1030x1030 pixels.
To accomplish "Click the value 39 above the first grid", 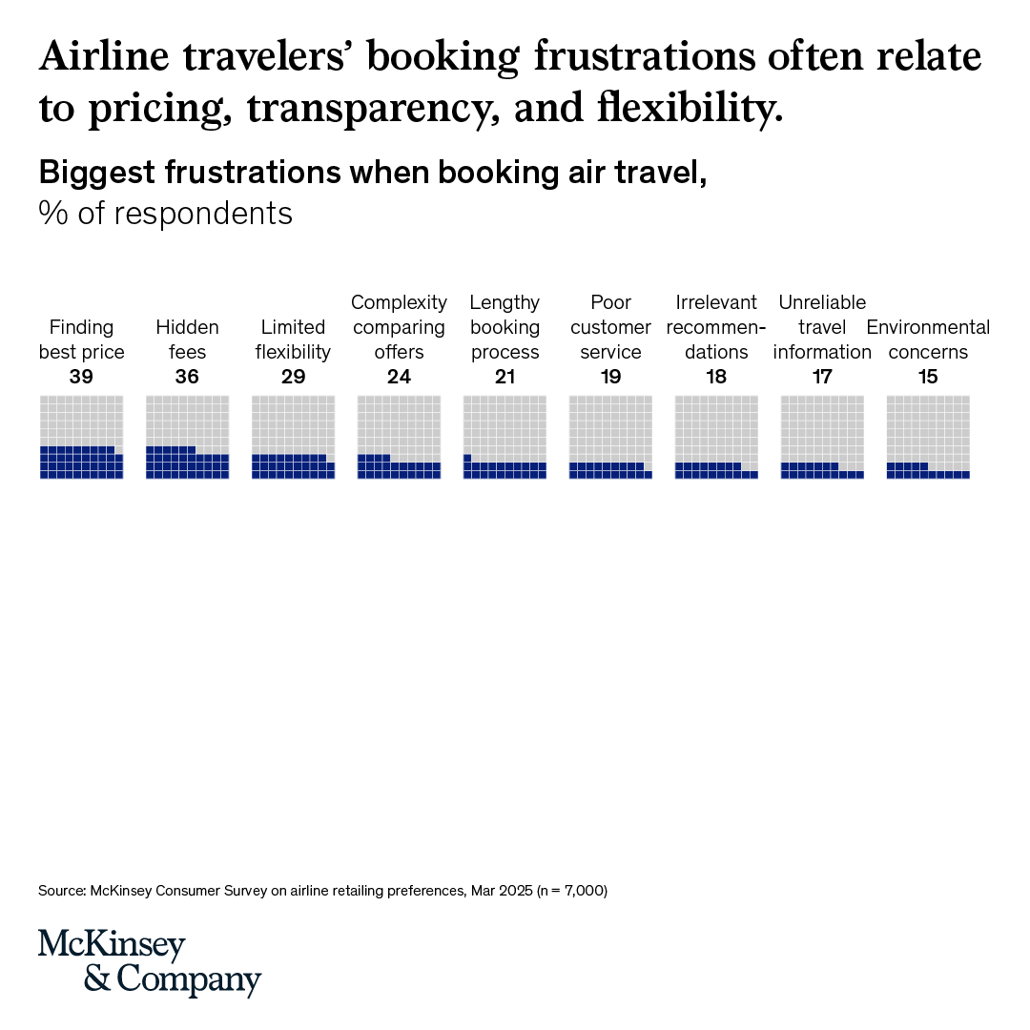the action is [81, 377].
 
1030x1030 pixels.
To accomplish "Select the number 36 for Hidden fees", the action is [187, 377].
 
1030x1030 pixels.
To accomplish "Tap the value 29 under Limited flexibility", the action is [293, 377].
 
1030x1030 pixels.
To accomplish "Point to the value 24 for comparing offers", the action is [399, 377].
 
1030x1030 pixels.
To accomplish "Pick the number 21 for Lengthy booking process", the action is [505, 377].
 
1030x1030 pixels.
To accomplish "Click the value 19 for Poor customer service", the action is [611, 377].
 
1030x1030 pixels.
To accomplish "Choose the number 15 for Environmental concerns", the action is [928, 377].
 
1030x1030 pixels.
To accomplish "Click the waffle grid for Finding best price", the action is [81, 437].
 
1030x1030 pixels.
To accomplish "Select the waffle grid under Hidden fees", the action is [187, 437].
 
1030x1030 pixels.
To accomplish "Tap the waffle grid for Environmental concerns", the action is [928, 437].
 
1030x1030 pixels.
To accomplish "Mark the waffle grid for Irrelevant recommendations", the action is [716, 437].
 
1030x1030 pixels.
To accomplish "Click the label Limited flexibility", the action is [293, 340].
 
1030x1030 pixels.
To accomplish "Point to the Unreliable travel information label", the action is [822, 327].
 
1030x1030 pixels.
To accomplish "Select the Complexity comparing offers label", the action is [399, 327].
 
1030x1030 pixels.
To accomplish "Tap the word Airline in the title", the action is [105, 56].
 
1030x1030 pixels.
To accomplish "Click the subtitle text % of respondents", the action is [166, 214].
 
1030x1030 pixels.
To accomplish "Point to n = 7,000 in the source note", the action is [572, 891].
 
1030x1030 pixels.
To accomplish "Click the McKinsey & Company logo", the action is [150, 962].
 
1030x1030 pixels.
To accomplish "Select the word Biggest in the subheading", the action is [97, 174].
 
